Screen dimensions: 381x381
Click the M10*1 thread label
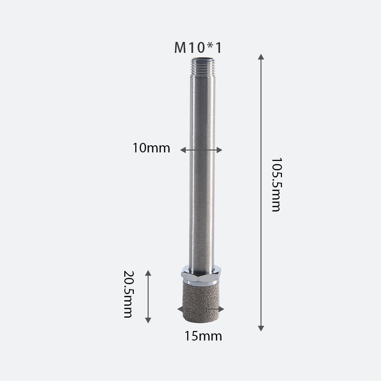tap(198, 48)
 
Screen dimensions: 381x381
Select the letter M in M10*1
tap(180, 48)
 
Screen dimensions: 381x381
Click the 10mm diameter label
tap(151, 148)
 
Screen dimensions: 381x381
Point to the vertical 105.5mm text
tap(275, 185)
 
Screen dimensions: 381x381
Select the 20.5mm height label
tap(128, 295)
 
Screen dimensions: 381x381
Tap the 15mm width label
tap(203, 336)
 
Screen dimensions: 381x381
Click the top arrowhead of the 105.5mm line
tap(261, 57)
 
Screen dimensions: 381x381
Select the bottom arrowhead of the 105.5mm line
tap(261, 328)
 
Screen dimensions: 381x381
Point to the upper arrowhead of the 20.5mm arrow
tap(148, 272)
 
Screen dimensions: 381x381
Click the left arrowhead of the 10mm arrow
tap(182, 150)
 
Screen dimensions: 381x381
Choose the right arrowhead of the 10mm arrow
tap(220, 150)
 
